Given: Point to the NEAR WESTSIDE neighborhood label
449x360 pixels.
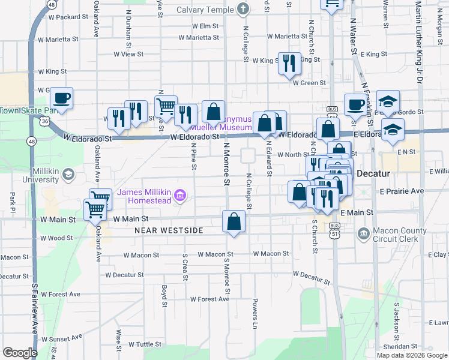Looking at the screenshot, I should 169,230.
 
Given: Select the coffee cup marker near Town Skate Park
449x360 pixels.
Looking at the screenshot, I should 61,97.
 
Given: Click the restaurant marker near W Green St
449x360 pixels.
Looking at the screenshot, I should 289,62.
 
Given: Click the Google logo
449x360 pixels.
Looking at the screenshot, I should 20,353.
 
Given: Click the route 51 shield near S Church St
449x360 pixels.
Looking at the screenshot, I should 333,234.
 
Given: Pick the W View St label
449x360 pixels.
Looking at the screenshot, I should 128,54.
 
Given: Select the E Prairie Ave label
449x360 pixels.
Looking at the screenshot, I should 402,191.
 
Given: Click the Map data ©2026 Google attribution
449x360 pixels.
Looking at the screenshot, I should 411,355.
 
